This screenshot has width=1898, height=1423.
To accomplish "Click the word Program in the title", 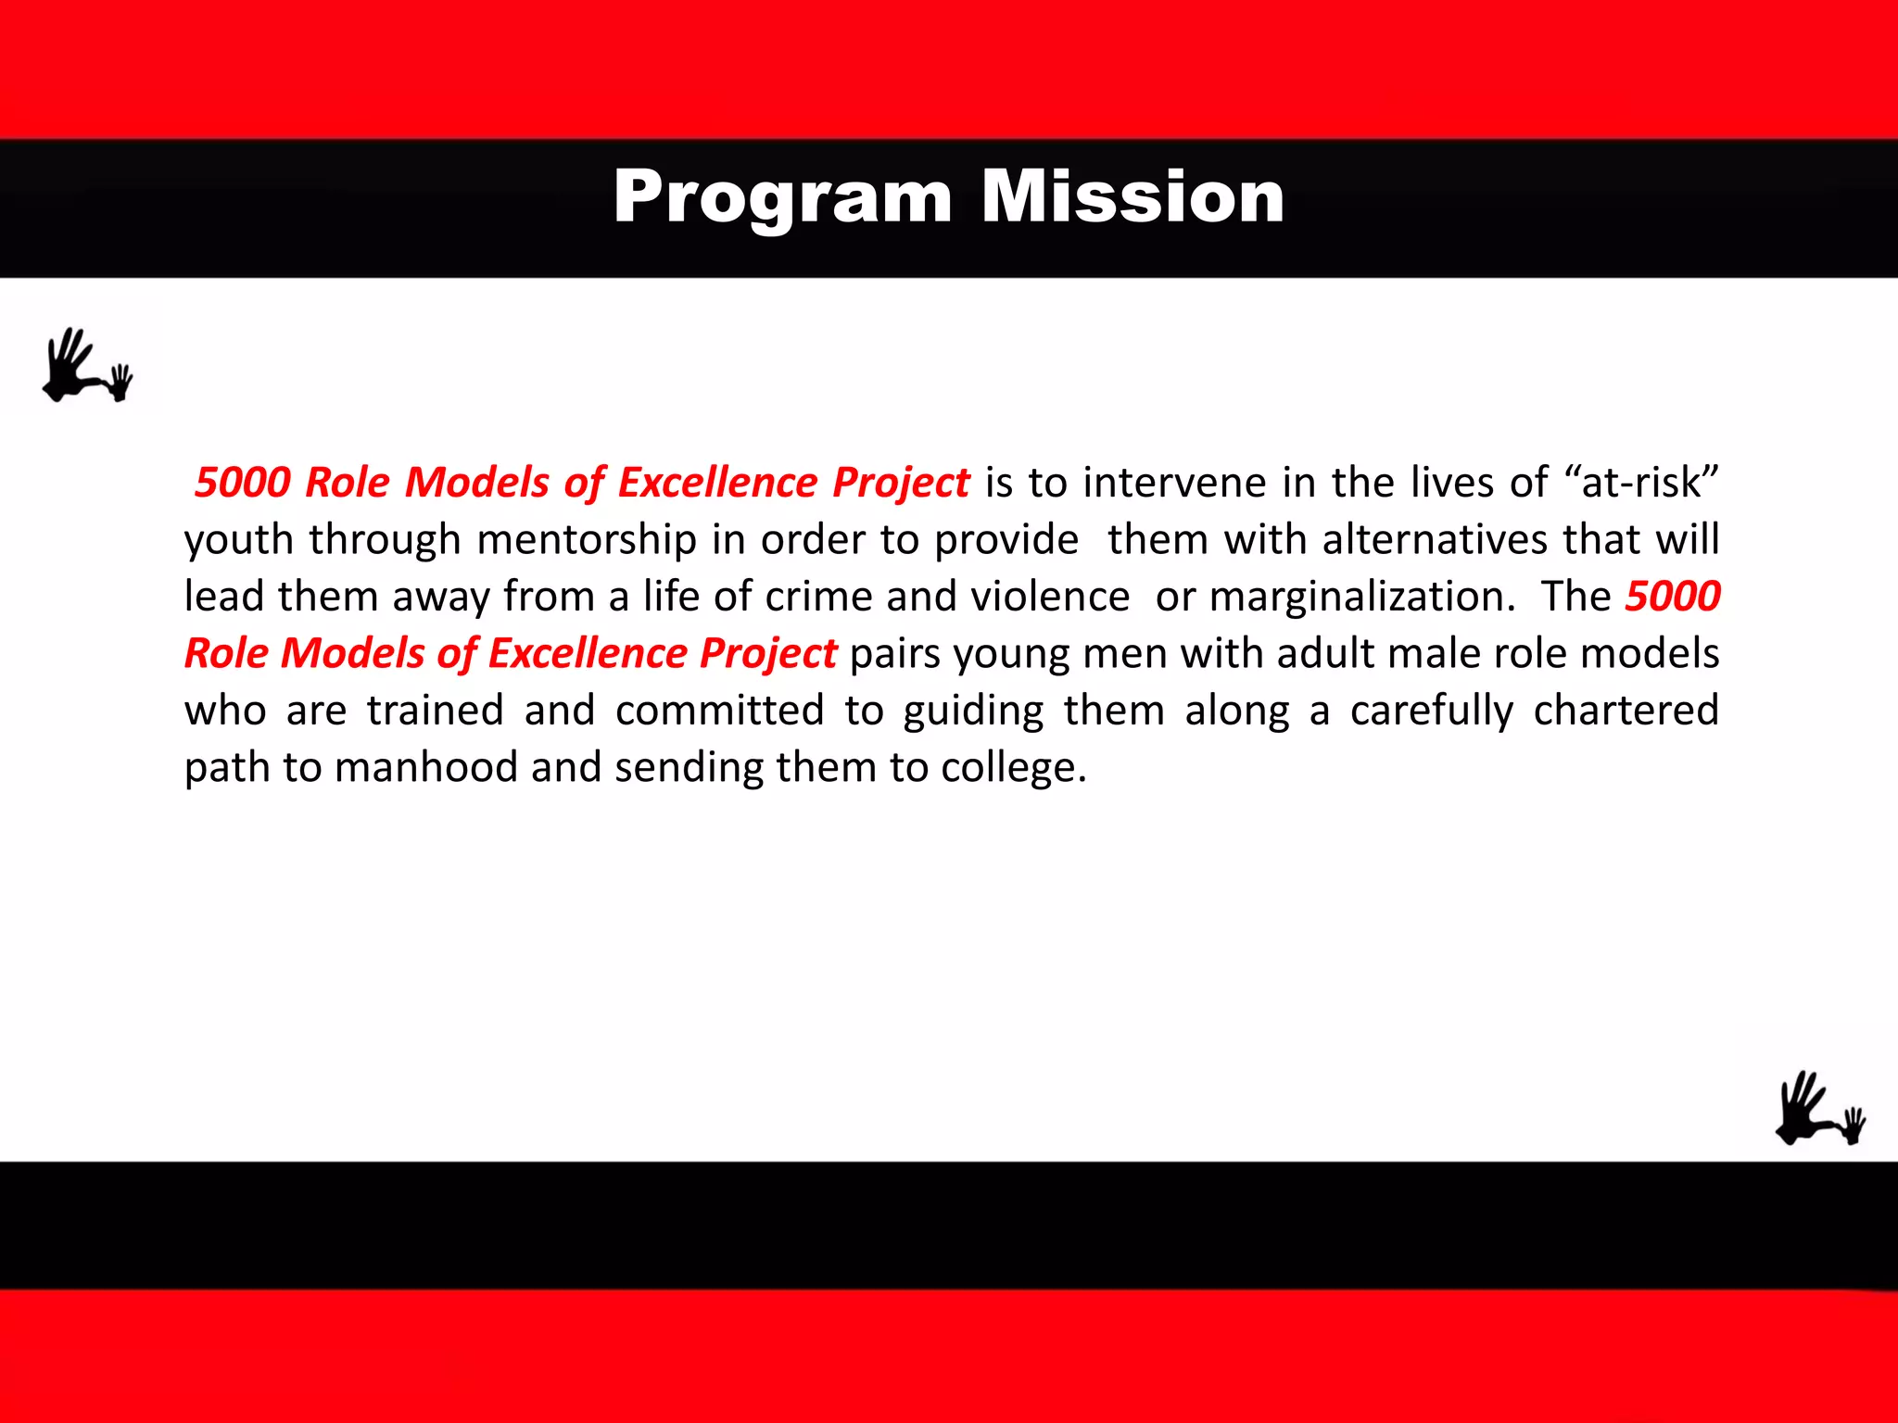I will point(782,197).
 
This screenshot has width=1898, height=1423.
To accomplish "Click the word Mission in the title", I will point(1132,197).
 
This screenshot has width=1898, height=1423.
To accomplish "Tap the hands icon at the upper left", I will point(88,366).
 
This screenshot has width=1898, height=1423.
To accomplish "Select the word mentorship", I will point(587,540).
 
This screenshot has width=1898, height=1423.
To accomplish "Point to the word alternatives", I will point(1435,540).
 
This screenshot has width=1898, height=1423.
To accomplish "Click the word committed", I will point(719,711).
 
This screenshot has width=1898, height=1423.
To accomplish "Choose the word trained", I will point(435,711).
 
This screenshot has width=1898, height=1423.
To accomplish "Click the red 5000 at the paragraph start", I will point(243,483).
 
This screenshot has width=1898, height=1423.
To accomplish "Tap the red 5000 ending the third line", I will point(1673,597).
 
